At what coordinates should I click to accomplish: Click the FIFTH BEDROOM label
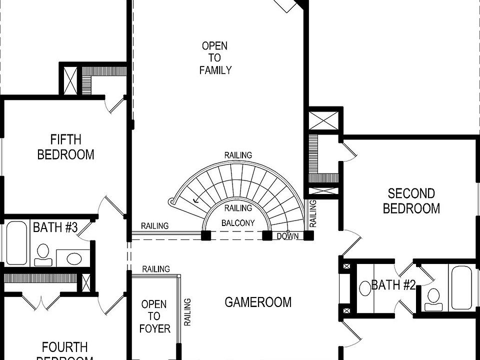point(65,146)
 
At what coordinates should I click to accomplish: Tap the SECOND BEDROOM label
point(411,200)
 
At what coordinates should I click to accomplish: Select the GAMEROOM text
point(257,302)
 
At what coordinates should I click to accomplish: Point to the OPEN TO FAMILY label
point(215,58)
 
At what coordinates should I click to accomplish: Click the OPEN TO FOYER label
point(154,316)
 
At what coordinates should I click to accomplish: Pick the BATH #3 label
point(55,228)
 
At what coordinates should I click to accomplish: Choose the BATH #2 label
point(393,285)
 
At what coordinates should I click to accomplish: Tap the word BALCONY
point(238,223)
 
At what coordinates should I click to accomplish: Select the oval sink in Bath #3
point(74,258)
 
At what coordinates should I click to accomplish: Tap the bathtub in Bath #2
point(460,287)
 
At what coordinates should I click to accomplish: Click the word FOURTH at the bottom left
point(64,347)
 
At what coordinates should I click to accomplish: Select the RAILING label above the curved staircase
point(238,155)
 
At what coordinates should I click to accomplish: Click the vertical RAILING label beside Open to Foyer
point(187,312)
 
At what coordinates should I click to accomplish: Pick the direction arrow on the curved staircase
point(196,199)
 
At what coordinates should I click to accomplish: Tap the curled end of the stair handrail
point(173,202)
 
